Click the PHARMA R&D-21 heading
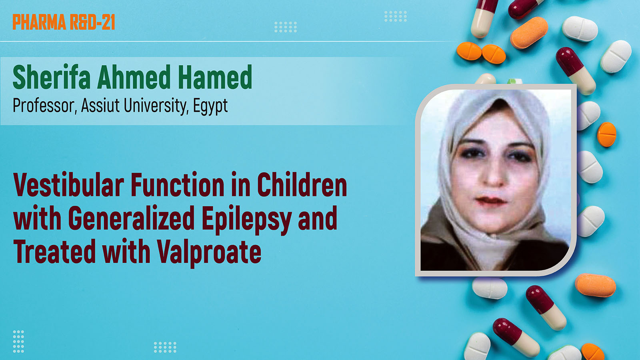pyautogui.click(x=64, y=22)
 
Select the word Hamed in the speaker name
pyautogui.click(x=215, y=77)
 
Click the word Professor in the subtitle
pyautogui.click(x=45, y=106)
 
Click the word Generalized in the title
pyautogui.click(x=131, y=218)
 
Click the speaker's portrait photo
pyautogui.click(x=496, y=180)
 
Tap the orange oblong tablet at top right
pyautogui.click(x=529, y=32)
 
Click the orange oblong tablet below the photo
pyautogui.click(x=596, y=285)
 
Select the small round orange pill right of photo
pyautogui.click(x=606, y=134)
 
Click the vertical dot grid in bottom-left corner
pyautogui.click(x=18, y=342)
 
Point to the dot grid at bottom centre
pyautogui.click(x=165, y=347)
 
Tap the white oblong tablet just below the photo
pyautogui.click(x=490, y=288)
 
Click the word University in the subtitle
pyautogui.click(x=156, y=106)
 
